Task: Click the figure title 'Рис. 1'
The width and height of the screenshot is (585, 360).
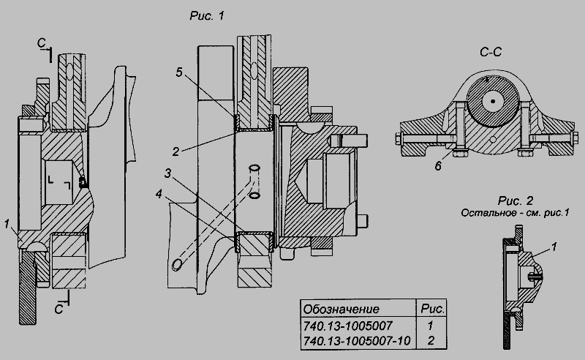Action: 207,15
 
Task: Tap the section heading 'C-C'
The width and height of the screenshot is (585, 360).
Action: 490,52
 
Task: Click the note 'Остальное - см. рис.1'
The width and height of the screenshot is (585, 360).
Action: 515,213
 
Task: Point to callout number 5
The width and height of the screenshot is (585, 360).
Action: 179,72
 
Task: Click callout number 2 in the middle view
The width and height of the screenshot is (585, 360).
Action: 175,151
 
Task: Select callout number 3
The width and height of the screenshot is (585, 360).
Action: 168,174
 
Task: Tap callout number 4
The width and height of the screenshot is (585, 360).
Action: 159,194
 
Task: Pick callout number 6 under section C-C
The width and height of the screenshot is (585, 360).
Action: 438,166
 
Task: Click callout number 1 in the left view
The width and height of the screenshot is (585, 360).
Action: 7,224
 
